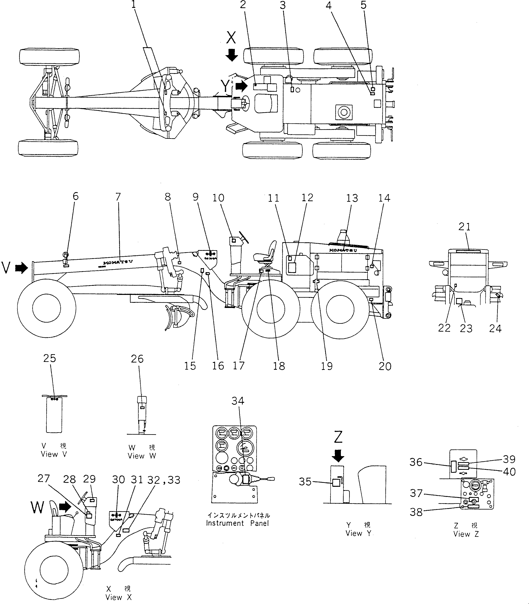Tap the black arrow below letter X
[231, 55]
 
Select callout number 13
[352, 198]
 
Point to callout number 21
[464, 227]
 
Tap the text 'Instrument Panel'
[237, 523]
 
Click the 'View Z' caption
[466, 534]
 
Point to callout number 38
[416, 512]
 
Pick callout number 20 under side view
[385, 366]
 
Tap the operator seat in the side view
[266, 253]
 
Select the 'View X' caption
[118, 597]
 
